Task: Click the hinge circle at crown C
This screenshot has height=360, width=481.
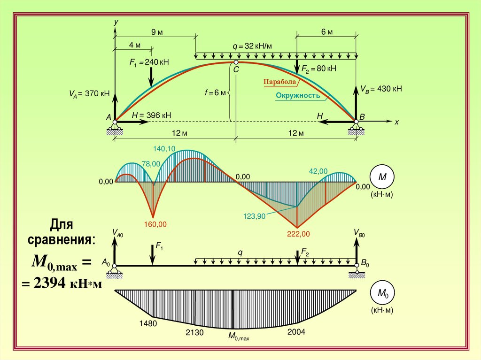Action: coord(236,62)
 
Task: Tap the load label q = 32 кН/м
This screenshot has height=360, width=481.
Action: coord(252,46)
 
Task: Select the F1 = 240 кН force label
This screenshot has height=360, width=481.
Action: coord(150,62)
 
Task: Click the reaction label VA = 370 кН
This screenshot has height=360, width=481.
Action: coord(89,93)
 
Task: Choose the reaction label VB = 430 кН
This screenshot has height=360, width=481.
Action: coord(380,89)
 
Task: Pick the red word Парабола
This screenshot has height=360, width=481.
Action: coord(280,82)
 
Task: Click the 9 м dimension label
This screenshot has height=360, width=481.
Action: coord(157,32)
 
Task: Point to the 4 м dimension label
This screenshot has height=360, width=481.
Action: coord(134,45)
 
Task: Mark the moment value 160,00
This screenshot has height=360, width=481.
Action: coord(155,224)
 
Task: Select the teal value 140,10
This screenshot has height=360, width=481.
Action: coord(164,149)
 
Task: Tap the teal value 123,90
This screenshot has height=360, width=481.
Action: coord(255,216)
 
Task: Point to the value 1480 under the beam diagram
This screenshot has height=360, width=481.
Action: coord(148,324)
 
